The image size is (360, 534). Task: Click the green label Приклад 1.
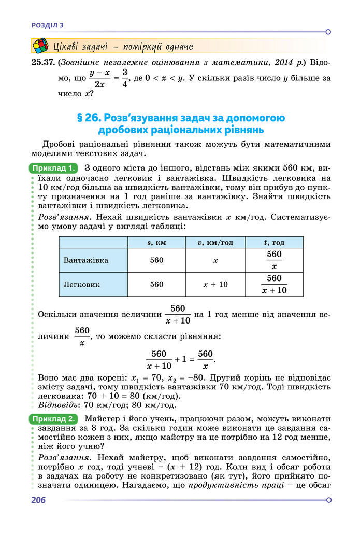[54, 168]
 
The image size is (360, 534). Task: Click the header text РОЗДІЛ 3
[47, 24]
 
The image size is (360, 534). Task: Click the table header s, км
[156, 243]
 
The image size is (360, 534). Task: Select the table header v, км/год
[215, 243]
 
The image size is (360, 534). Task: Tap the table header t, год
[274, 243]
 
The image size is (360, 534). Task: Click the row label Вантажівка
[86, 260]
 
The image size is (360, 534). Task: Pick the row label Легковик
[82, 284]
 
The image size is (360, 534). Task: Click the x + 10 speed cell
[215, 284]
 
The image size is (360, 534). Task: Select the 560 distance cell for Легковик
[156, 284]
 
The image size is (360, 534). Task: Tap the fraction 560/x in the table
[274, 260]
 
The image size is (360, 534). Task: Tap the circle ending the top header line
[328, 32]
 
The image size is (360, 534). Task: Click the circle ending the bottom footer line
[328, 500]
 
